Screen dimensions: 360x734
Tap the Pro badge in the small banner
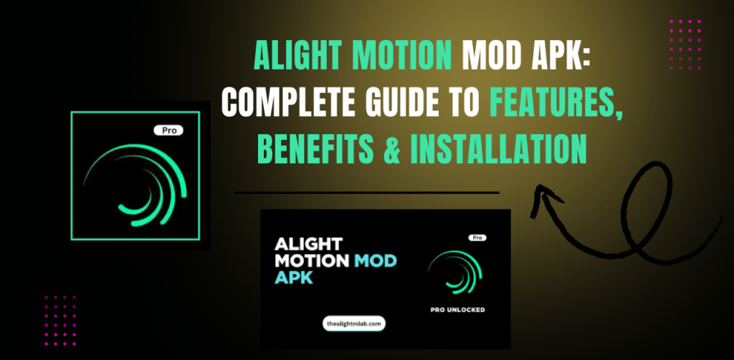point(475,237)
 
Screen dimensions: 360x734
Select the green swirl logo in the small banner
point(449,273)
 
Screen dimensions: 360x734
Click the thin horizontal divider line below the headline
point(366,192)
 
